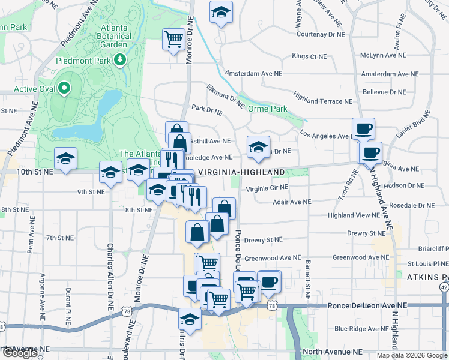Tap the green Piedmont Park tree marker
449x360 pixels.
(x=121, y=60)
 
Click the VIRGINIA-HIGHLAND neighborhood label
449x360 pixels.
(x=241, y=172)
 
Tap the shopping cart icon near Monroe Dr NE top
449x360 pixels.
(x=173, y=40)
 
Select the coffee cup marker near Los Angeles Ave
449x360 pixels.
(x=364, y=128)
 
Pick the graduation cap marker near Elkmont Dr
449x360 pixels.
(x=258, y=146)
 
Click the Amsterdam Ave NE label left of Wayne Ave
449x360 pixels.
(x=253, y=74)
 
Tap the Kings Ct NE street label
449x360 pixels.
(x=309, y=56)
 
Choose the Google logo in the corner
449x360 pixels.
(x=19, y=353)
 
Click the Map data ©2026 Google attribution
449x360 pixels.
(x=412, y=355)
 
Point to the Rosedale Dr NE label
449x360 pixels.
(x=412, y=205)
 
